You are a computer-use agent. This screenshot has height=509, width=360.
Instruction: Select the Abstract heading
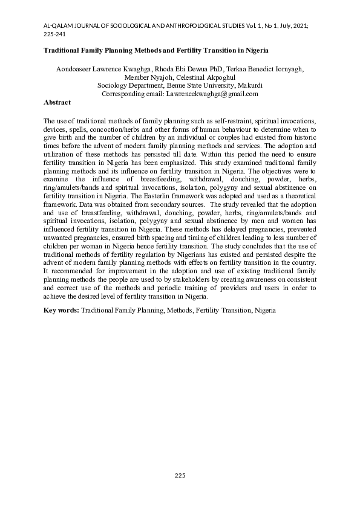57,103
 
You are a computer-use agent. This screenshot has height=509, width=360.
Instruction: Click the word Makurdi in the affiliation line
249,86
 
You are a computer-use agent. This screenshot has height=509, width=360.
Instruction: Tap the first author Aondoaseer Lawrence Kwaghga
97,69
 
